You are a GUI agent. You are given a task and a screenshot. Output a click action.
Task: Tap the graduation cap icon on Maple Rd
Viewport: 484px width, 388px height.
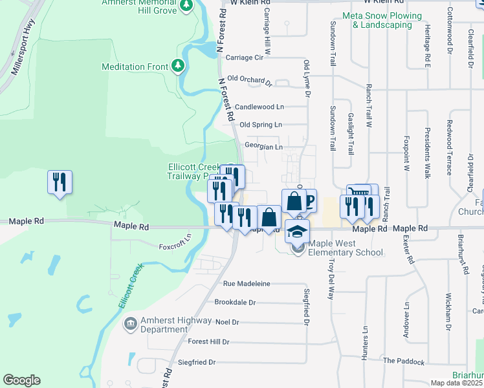[297, 231]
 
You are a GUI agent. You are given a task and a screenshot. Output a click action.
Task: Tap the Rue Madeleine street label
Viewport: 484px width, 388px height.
[247, 284]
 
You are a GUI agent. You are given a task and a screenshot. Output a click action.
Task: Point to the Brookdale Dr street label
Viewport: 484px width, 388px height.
[236, 303]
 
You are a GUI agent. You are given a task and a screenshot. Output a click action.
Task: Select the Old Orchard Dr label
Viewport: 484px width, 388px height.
[250, 81]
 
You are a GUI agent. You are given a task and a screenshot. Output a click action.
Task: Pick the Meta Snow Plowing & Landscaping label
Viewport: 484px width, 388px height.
[382, 20]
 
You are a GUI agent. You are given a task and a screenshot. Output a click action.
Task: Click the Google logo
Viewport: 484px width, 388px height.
[21, 380]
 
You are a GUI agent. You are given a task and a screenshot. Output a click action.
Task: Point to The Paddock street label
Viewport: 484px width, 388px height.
[403, 361]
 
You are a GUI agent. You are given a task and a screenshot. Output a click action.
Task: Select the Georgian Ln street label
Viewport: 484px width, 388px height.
[262, 147]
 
